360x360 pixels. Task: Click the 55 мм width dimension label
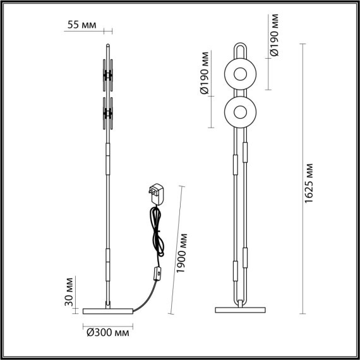pos(83,25)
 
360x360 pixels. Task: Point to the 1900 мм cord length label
pos(183,255)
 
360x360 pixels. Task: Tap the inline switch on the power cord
pos(155,275)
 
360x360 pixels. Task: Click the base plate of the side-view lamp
pos(108,310)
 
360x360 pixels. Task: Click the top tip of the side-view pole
pos(108,44)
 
